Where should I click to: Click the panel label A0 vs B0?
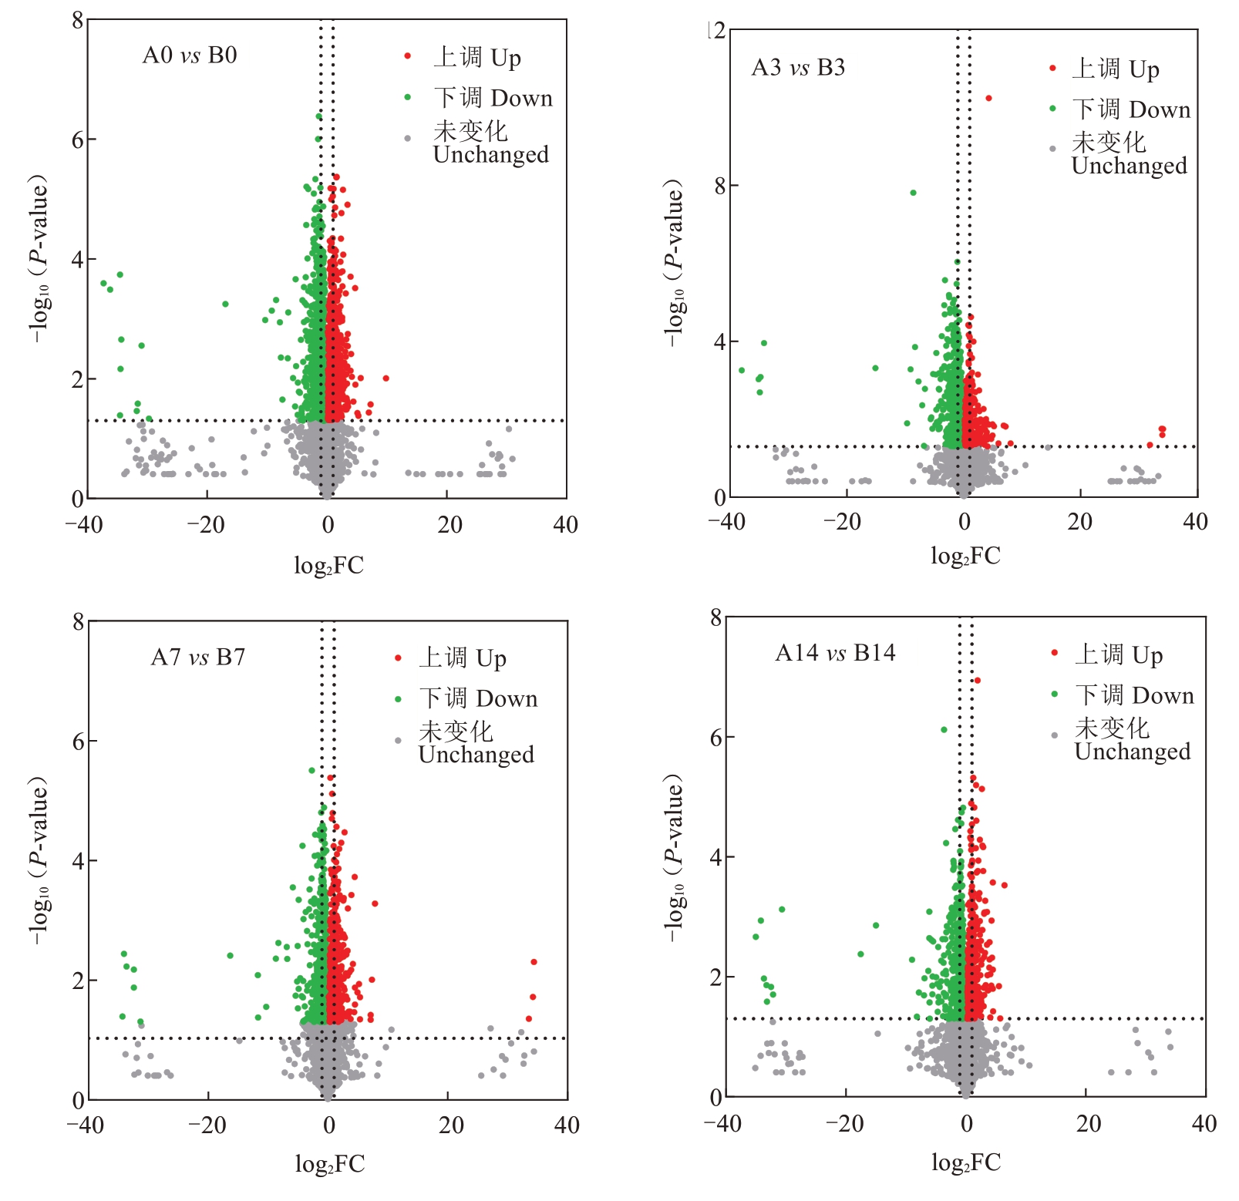190,56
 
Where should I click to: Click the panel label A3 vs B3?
798,68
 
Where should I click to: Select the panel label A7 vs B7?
198,658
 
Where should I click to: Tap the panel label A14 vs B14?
835,653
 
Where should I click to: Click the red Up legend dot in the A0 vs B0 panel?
408,56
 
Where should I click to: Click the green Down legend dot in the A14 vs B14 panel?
1054,695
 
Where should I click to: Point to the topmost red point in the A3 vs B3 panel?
988,98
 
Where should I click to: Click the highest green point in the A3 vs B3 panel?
913,193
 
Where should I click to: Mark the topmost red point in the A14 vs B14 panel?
977,680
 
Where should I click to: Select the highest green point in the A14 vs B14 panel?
944,729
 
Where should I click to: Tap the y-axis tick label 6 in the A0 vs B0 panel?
78,140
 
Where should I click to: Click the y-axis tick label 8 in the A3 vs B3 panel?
720,186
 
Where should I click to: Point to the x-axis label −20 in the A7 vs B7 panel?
207,1125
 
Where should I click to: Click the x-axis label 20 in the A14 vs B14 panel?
1089,1124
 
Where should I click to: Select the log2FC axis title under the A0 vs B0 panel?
328,566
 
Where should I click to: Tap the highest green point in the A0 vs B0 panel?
318,116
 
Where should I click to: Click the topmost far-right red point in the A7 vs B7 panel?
534,961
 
